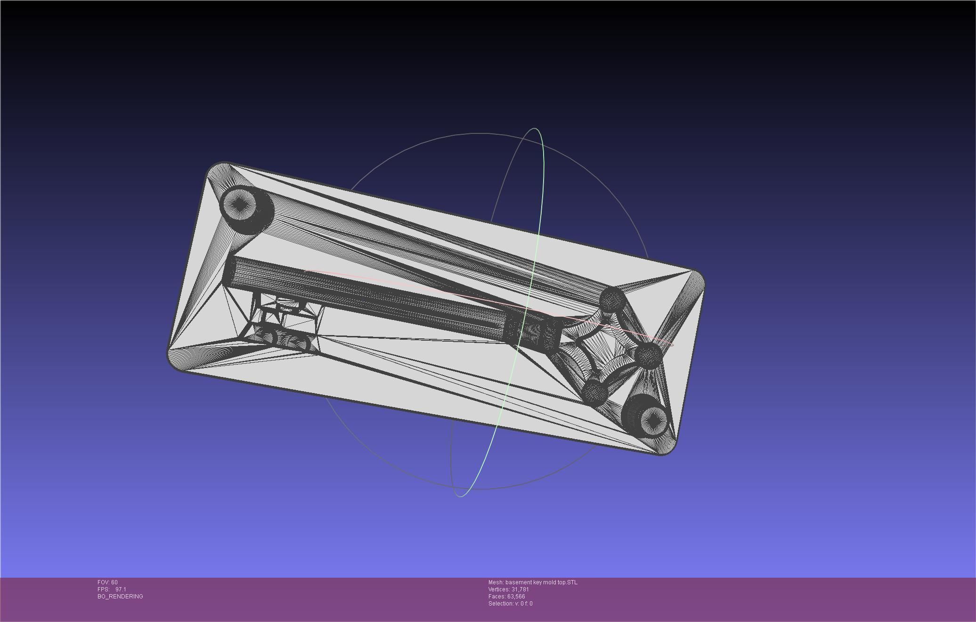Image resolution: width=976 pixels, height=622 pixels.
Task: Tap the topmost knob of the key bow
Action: click(612, 299)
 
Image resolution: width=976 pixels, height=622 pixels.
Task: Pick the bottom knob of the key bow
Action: click(594, 391)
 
